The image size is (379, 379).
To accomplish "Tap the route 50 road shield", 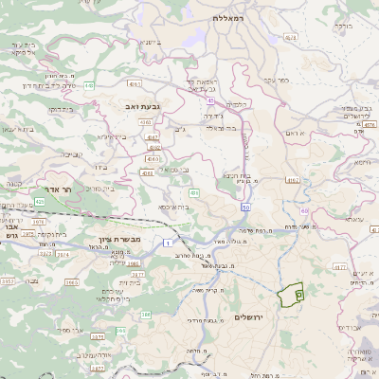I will click(245, 207).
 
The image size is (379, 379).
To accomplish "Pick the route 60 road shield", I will click(304, 210).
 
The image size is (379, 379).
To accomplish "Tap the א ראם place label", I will click(296, 133).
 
